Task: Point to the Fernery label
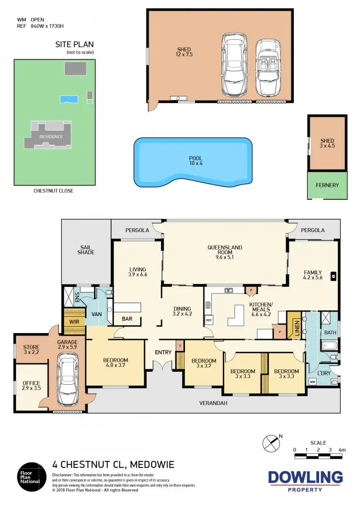[x=327, y=185]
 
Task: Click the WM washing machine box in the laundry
[x=313, y=381]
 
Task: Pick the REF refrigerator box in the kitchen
[x=209, y=321]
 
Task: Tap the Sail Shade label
[x=86, y=250]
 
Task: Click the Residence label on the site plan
[x=51, y=137]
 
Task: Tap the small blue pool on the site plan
[x=69, y=99]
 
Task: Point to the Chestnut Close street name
[x=53, y=191]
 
